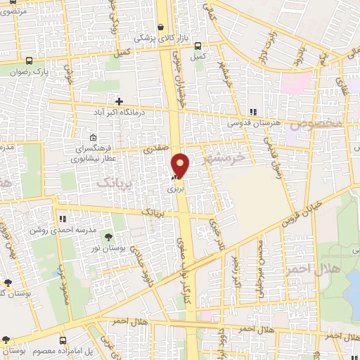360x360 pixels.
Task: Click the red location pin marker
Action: coord(181,165)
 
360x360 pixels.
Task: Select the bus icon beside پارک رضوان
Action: coord(29,61)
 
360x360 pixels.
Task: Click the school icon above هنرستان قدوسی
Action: coord(252,112)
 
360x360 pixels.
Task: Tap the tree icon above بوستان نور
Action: coord(108,236)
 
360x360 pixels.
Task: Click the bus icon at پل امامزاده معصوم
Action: coord(63,340)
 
